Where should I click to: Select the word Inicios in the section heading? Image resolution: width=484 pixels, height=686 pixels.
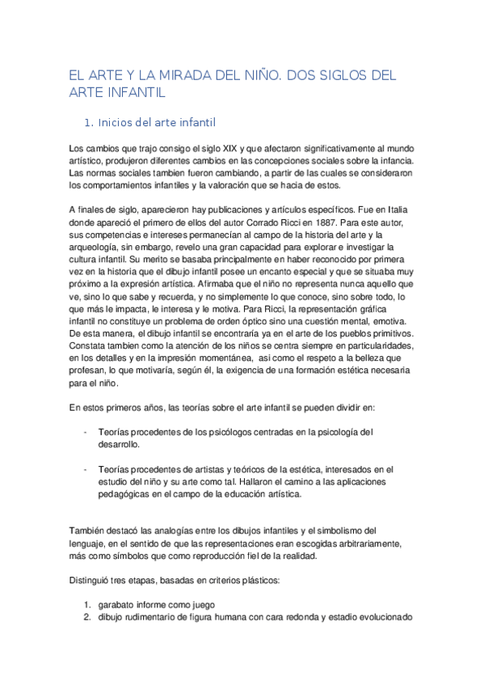pyautogui.click(x=120, y=123)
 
